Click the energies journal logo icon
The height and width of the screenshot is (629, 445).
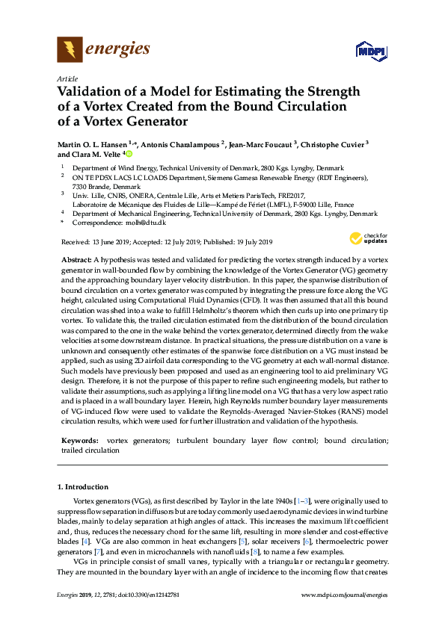tap(70, 50)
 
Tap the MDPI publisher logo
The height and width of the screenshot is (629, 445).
tap(372, 52)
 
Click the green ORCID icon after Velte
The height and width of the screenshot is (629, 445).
tap(129, 154)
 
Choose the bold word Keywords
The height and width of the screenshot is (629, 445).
tap(79, 441)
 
